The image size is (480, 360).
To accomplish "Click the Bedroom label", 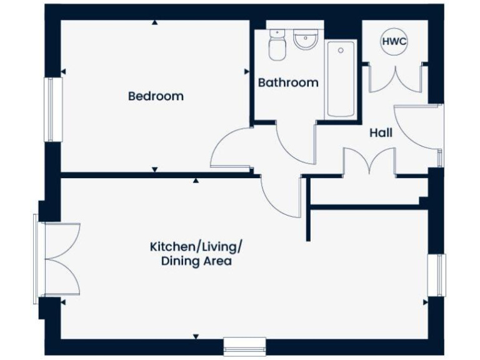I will pos(156,96).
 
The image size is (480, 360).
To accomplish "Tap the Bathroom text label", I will pos(288,82).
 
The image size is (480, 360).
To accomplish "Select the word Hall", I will pos(381,133).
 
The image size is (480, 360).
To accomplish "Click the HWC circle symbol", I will pos(394,42).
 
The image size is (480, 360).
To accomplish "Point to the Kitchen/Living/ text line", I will pos(196,246).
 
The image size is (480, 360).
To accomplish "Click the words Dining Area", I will pos(196,261).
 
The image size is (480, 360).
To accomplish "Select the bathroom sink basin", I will pos(306,41).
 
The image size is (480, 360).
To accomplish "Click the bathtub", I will pos(341,79).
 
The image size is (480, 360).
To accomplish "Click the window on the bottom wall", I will pos(244,346).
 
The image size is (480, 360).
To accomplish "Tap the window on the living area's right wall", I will pos(439,275).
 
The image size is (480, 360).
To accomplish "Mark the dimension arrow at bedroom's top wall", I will pos(154,22).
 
